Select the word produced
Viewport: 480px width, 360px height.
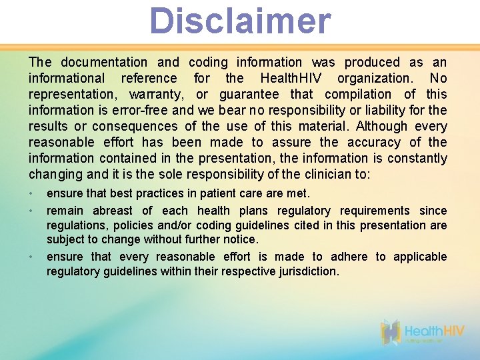371,63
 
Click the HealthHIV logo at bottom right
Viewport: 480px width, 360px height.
423,333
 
